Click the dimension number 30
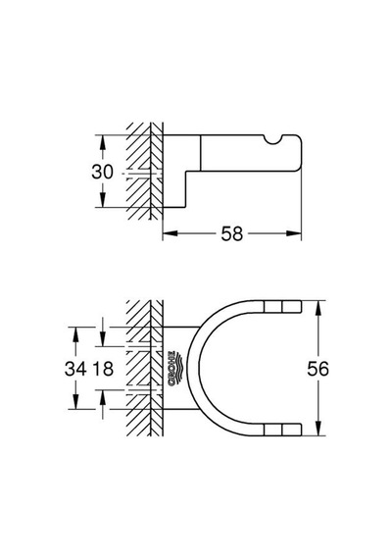pos(102,172)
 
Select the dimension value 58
pos(231,233)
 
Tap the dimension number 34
pos(75,369)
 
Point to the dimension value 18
pos(103,369)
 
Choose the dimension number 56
pos(318,369)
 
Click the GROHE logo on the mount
pos(173,369)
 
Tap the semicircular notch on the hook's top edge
pos(274,140)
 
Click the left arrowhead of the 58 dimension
pos(170,233)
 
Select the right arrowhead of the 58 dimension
pos(294,233)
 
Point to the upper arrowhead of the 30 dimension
pos(103,142)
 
